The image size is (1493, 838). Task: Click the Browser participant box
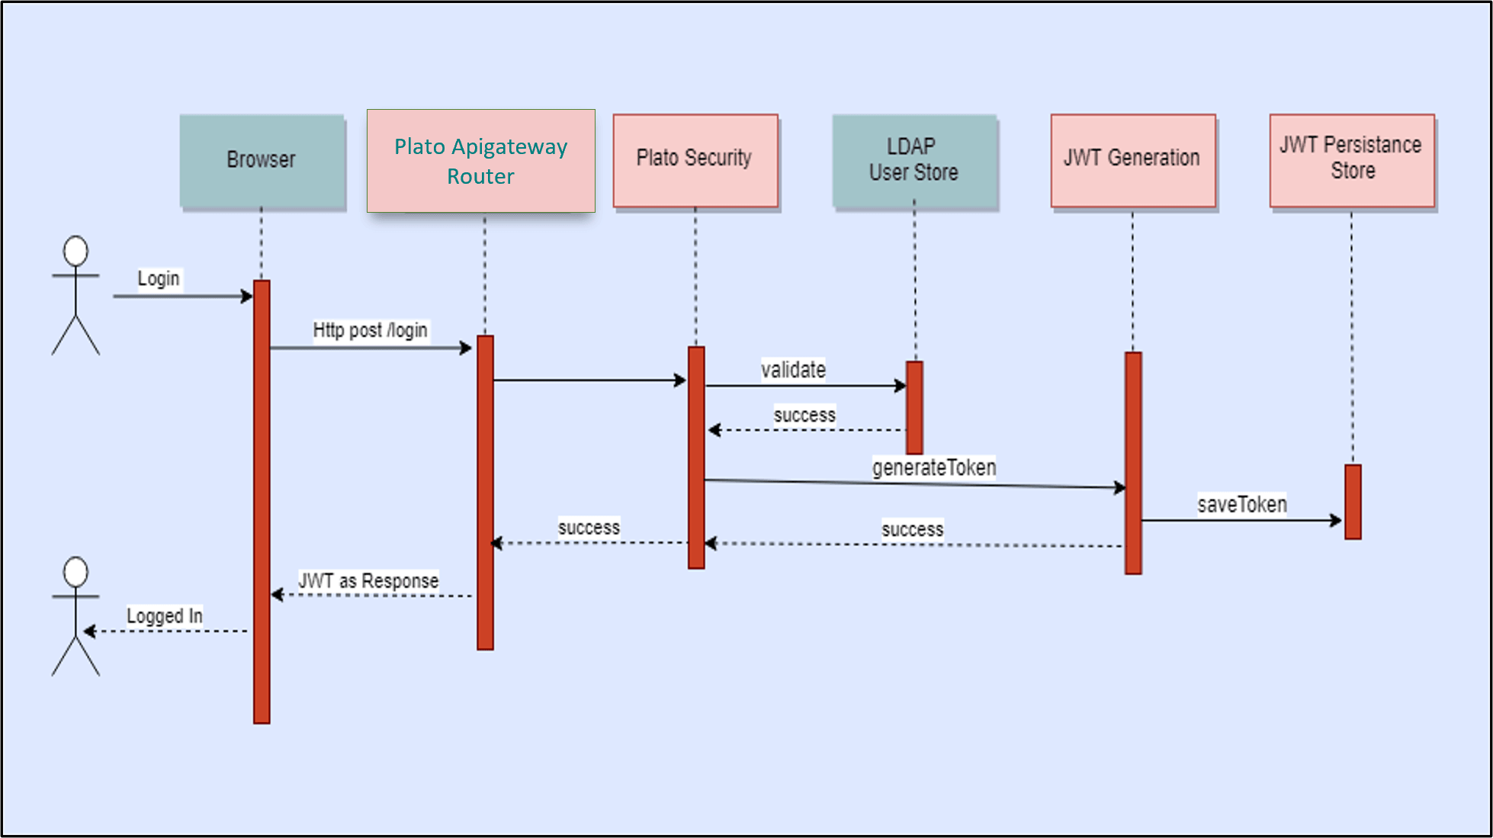262,160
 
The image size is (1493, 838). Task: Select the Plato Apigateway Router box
480,161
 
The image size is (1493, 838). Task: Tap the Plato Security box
695,159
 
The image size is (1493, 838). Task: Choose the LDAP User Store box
914,160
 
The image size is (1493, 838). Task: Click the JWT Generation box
1132,159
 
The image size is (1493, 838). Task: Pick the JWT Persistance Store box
1351,159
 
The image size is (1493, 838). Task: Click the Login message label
159,279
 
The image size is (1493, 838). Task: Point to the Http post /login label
371,331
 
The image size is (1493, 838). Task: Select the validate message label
793,371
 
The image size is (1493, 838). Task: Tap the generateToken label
934,467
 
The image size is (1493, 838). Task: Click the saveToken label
1241,505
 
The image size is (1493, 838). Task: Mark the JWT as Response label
368,581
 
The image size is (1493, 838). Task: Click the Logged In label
165,616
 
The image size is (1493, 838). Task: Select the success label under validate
804,416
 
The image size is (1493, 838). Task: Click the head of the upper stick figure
75,251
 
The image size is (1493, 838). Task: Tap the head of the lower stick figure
75,572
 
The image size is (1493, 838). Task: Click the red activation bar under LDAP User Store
914,408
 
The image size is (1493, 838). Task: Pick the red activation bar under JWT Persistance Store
1353,502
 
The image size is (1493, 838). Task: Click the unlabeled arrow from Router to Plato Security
587,380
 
